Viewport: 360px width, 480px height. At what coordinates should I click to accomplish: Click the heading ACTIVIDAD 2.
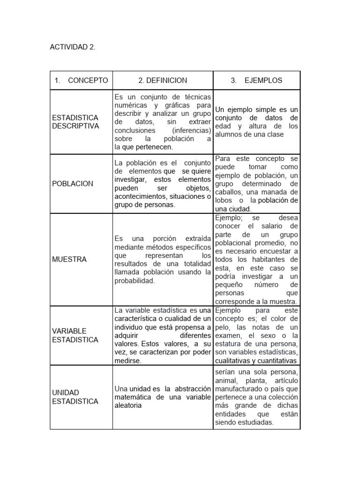(73, 47)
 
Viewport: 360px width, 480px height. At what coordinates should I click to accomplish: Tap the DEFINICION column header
(163, 80)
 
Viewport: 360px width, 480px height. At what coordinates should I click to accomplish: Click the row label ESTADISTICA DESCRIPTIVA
(75, 122)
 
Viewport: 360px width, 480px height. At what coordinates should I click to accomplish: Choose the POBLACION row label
(73, 184)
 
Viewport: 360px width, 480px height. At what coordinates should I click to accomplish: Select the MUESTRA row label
(69, 259)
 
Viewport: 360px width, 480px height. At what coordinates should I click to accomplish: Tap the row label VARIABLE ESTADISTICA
(75, 335)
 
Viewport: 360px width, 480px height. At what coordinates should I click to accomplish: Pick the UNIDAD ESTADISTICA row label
(75, 397)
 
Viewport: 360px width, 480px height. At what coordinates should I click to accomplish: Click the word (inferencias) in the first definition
(191, 130)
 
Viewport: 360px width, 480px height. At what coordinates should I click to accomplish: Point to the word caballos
(230, 192)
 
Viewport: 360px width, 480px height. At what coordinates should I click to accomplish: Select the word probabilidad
(135, 281)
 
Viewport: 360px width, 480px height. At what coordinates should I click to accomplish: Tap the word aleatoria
(128, 405)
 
